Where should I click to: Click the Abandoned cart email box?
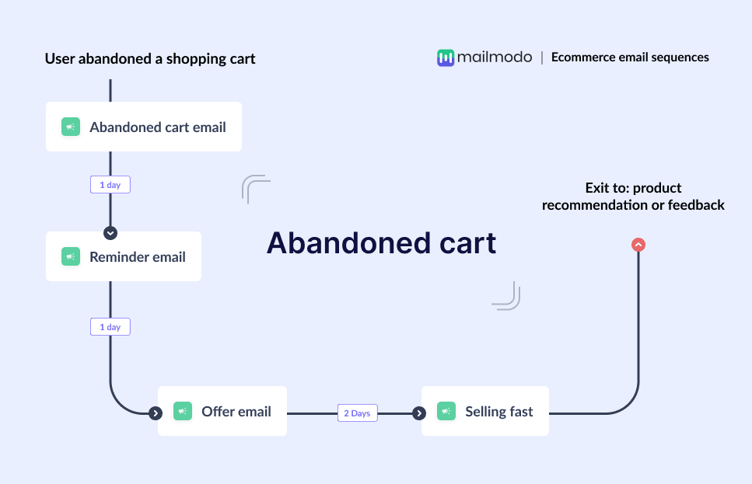click(144, 127)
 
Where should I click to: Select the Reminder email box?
click(124, 256)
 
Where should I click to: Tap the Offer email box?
click(222, 411)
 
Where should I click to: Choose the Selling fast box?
click(485, 411)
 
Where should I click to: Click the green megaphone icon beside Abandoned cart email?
click(71, 127)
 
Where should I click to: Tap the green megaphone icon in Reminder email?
click(71, 256)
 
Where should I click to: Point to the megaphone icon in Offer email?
click(183, 411)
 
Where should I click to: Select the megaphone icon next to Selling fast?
click(446, 411)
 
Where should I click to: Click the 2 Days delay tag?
click(357, 413)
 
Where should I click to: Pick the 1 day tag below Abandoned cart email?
click(110, 185)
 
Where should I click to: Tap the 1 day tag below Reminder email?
click(110, 327)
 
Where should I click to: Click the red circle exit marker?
click(638, 245)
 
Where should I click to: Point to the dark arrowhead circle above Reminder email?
click(110, 232)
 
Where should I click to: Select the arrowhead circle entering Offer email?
click(156, 413)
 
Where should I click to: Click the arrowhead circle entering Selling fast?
click(419, 413)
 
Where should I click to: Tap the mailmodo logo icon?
click(445, 57)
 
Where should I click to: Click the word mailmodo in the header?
click(495, 57)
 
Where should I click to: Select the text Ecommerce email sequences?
click(630, 57)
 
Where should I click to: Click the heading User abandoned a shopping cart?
click(150, 58)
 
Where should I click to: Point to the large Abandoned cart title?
click(381, 243)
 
